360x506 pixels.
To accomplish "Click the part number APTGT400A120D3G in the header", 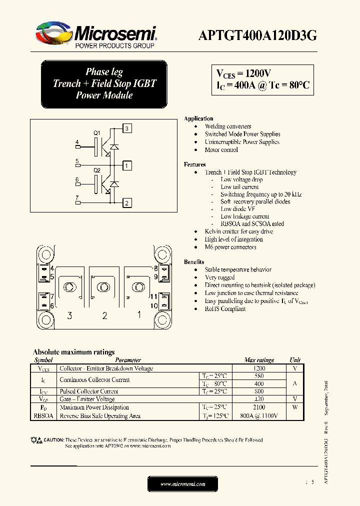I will [257, 35].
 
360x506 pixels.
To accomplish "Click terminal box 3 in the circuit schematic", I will [127, 128].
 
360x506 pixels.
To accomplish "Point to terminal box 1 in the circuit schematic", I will [127, 165].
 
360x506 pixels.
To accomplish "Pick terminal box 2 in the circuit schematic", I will [127, 202].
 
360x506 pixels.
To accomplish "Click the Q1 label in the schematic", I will [97, 133].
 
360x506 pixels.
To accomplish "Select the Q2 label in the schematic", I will [97, 170].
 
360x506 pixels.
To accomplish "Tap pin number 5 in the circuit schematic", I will [77, 161].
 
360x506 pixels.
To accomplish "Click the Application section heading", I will [198, 118].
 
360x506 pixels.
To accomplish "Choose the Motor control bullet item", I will [221, 150].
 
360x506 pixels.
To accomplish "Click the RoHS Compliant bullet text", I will [225, 309].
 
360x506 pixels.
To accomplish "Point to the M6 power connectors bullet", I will [230, 247].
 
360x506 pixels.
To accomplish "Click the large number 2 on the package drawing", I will [104, 315].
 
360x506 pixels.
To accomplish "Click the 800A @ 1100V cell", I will [258, 416].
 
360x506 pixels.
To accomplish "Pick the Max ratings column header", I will [258, 360].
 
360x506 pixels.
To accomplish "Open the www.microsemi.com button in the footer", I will [183, 484].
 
